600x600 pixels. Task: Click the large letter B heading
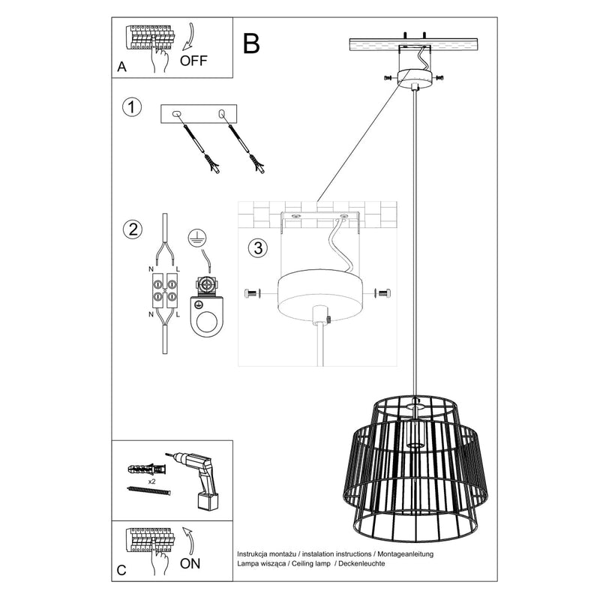coord(252,43)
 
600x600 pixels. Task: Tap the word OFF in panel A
coord(193,61)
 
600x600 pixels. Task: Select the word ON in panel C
coord(192,566)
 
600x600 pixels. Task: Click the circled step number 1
coord(132,107)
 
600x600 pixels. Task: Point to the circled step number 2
coord(132,229)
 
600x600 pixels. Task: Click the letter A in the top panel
coord(122,67)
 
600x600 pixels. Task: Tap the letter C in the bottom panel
coord(122,572)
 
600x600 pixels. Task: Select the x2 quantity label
coord(152,481)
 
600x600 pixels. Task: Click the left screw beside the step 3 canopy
coord(252,293)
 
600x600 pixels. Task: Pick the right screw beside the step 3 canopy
coord(384,293)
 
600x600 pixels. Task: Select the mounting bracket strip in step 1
coord(199,114)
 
